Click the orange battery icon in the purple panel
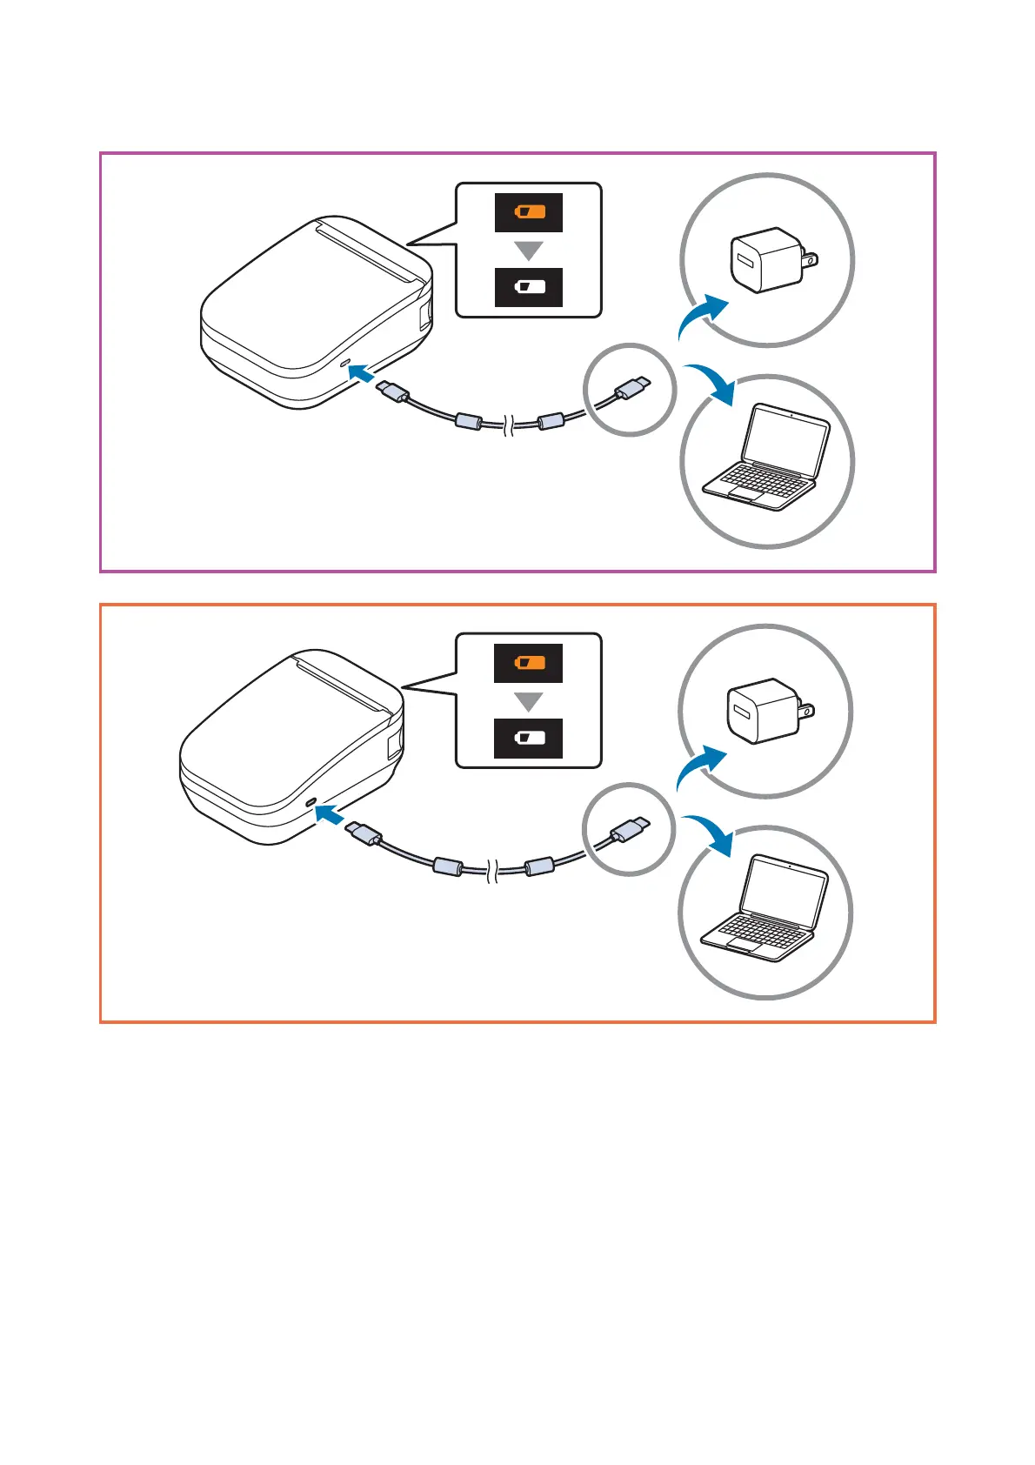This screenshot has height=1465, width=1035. point(529,212)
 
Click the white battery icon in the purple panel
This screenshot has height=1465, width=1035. point(529,287)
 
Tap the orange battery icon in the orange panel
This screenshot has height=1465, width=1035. point(529,663)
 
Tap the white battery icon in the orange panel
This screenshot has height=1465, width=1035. point(529,739)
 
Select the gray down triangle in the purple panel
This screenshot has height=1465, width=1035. point(529,251)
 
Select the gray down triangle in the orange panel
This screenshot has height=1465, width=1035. point(529,701)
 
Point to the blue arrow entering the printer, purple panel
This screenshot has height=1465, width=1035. point(361,373)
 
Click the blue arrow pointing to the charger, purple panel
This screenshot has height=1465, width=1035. point(703,314)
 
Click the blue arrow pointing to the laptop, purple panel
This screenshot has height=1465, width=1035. point(711,384)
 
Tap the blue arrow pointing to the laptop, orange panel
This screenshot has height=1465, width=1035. point(710,834)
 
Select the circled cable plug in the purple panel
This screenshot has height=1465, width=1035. point(633,386)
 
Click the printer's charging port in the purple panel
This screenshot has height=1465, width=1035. point(344,359)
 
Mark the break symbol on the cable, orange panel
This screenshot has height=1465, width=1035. point(494,870)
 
